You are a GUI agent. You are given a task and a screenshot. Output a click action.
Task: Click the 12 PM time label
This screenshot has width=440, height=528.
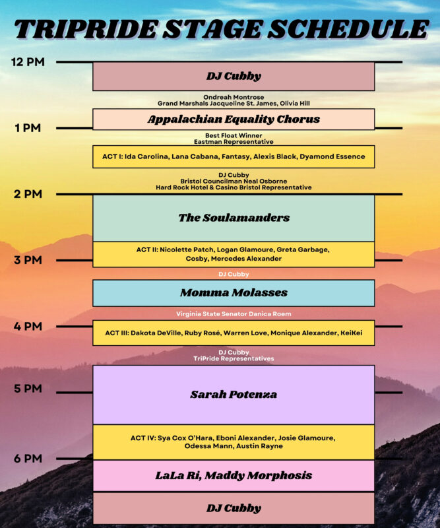[x=28, y=62]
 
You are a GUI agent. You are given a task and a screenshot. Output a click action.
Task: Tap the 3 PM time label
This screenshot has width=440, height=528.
[x=28, y=260]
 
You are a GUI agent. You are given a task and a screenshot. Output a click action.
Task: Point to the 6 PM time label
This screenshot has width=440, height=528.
[x=28, y=458]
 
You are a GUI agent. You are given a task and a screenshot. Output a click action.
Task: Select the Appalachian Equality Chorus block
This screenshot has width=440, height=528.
[x=234, y=119]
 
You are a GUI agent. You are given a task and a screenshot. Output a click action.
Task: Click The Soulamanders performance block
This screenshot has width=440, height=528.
[x=234, y=218]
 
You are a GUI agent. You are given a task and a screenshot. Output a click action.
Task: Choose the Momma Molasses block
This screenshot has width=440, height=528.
[x=234, y=293]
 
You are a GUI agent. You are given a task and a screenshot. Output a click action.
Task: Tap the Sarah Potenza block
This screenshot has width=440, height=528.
[x=234, y=394]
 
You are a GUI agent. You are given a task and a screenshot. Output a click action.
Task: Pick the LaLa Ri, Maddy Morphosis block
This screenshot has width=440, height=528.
[x=234, y=475]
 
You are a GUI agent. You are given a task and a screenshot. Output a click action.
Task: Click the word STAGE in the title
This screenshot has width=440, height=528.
[x=213, y=29]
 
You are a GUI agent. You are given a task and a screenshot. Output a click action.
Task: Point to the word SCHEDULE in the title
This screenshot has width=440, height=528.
[x=348, y=29]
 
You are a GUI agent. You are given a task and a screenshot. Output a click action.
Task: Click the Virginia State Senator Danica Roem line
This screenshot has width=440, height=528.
[x=234, y=314]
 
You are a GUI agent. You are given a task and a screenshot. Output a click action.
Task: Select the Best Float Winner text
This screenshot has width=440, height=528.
[x=234, y=135]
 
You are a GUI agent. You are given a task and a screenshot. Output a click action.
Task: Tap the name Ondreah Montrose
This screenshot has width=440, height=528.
[x=234, y=97]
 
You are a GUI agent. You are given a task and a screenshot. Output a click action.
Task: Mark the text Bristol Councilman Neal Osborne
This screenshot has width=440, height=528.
[x=234, y=181]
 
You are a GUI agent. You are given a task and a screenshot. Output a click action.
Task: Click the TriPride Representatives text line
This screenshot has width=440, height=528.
[x=234, y=358]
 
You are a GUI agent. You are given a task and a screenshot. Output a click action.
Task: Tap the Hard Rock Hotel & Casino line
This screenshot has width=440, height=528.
[x=234, y=187]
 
